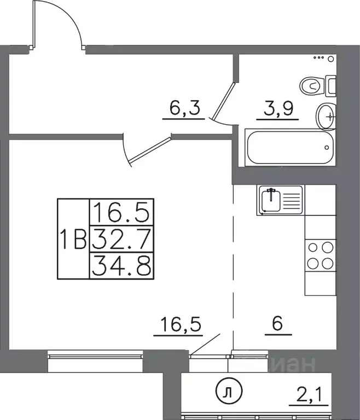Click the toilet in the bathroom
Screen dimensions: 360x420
[x=318, y=86]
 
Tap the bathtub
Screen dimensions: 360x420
[x=291, y=147]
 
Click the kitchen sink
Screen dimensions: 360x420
[x=281, y=200]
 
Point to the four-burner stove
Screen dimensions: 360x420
[x=320, y=255]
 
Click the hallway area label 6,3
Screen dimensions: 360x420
[x=185, y=108]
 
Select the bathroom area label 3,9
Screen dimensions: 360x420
[x=278, y=108]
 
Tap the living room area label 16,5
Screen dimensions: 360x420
[x=181, y=324]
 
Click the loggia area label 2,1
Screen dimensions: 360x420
[x=309, y=394]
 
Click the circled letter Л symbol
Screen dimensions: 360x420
[x=229, y=392]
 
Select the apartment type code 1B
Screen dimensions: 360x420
[x=73, y=239]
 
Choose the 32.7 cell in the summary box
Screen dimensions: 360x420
[x=121, y=239]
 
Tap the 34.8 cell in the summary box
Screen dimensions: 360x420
[x=121, y=266]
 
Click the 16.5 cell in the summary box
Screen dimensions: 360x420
[x=121, y=212]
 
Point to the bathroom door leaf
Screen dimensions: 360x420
[x=223, y=101]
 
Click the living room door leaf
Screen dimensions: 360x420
[x=149, y=150]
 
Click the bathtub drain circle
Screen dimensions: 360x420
[x=327, y=148]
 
